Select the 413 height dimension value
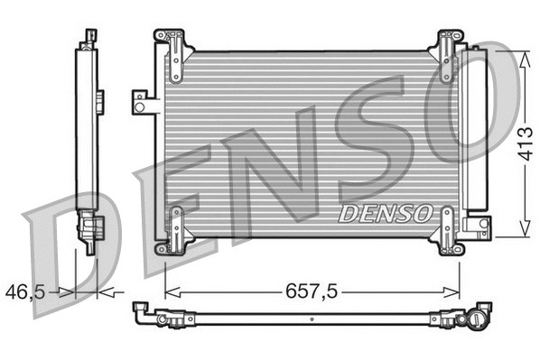[525, 143]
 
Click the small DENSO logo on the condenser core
[385, 213]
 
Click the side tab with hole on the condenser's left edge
[142, 102]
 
